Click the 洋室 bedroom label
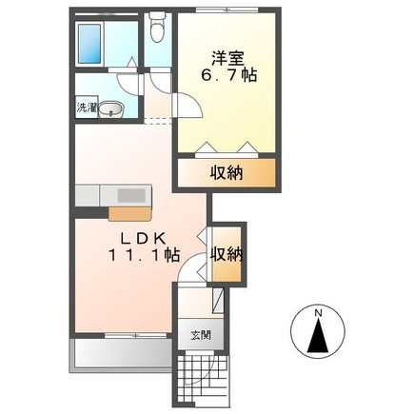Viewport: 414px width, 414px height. (227, 58)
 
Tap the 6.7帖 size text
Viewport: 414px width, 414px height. (228, 76)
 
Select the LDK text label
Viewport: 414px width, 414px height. (143, 238)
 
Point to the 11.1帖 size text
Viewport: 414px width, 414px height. (144, 255)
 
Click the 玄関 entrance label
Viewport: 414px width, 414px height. (201, 335)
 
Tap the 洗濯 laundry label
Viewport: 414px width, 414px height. (87, 108)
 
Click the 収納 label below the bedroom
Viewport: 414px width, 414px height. (227, 173)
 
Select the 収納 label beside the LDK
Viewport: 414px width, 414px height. (227, 254)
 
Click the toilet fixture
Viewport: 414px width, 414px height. (156, 28)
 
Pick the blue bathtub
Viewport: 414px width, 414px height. (89, 44)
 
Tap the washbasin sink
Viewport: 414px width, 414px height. (110, 110)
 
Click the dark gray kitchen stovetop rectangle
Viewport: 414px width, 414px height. (131, 195)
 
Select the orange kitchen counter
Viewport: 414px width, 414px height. (129, 213)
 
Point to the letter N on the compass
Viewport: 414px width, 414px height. (318, 313)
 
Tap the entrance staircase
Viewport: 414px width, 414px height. (202, 379)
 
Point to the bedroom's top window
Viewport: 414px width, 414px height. (227, 10)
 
